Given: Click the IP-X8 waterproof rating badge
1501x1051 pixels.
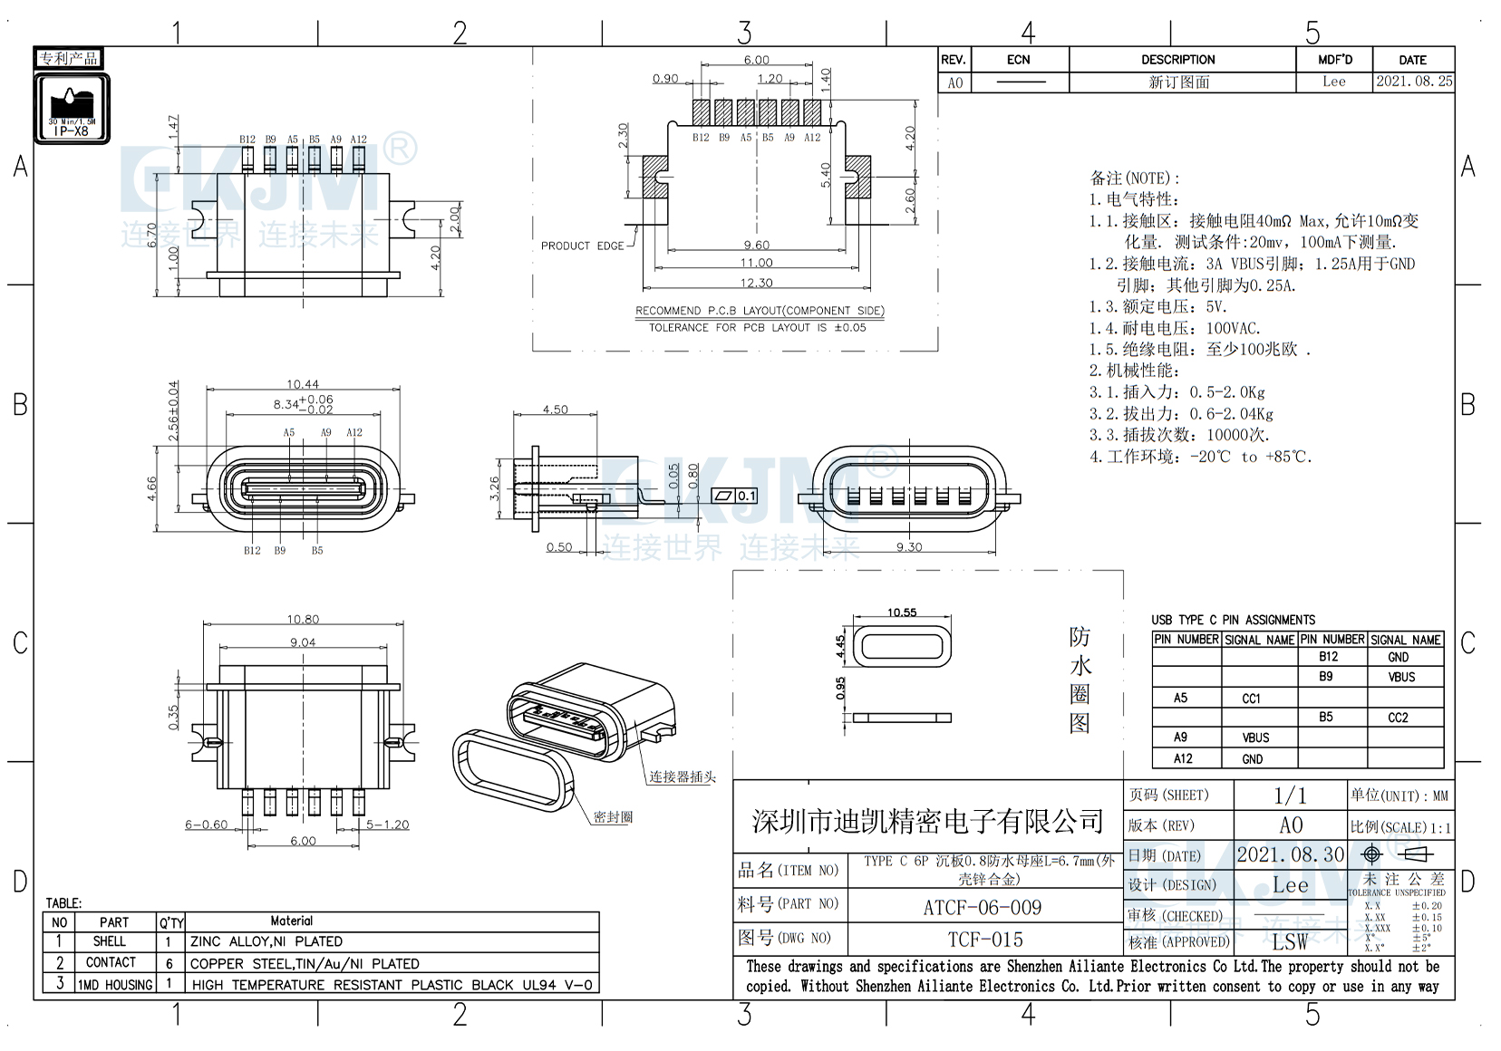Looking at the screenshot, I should [x=72, y=109].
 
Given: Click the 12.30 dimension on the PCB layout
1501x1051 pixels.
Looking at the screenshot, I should [x=756, y=284].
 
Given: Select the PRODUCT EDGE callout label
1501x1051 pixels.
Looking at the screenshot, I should [x=582, y=246].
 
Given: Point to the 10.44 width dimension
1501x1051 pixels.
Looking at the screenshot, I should [x=303, y=384].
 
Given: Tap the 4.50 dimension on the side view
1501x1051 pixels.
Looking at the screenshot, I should [x=555, y=410].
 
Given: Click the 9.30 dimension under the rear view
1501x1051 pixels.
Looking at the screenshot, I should [x=908, y=546].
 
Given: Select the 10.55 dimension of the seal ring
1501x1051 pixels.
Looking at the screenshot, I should [x=902, y=612].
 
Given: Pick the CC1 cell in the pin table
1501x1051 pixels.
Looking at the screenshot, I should [x=1251, y=699].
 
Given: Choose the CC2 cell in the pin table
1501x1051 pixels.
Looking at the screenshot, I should [x=1398, y=718].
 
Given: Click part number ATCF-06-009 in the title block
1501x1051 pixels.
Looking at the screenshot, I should [x=983, y=907].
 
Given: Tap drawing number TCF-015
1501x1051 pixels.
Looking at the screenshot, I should [x=985, y=940].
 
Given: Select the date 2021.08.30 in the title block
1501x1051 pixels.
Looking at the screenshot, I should [x=1291, y=854].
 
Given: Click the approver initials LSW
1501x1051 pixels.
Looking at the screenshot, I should [x=1290, y=941].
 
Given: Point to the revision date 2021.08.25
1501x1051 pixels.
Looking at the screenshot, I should [x=1413, y=82].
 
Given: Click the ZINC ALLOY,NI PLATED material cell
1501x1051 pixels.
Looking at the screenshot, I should [x=266, y=941].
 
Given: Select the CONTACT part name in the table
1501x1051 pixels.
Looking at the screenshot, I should [x=111, y=962].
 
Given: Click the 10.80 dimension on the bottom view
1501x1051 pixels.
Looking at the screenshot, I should [x=303, y=620].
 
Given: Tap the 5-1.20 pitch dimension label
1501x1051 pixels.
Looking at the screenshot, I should [x=387, y=824].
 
